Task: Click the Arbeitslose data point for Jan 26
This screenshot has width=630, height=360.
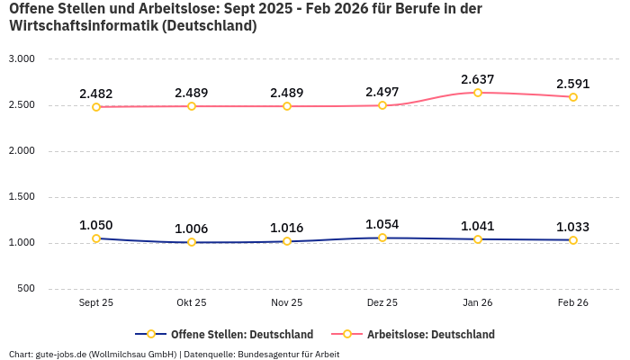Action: (x=478, y=93)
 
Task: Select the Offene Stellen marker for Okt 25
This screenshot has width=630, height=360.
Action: (x=192, y=242)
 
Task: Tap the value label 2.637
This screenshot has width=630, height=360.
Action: (x=478, y=79)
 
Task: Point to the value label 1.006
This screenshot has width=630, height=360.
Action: (x=192, y=229)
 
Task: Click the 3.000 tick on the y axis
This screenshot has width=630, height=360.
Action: (x=21, y=58)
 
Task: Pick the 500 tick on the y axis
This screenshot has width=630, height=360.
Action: (x=26, y=288)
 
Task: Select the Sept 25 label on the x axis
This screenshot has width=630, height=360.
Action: (x=96, y=303)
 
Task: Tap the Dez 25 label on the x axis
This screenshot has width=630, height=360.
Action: (x=382, y=303)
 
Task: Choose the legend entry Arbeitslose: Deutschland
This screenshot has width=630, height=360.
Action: (x=430, y=334)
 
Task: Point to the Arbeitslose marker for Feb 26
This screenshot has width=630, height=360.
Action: (x=573, y=97)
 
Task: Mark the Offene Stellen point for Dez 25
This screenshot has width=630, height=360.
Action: (x=382, y=238)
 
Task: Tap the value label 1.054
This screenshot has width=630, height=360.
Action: (x=382, y=224)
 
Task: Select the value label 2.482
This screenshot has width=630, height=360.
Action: (x=96, y=94)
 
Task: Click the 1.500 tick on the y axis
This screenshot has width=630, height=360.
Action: (x=21, y=196)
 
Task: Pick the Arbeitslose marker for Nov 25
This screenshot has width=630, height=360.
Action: (x=287, y=106)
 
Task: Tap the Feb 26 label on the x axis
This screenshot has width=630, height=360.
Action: (x=573, y=303)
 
